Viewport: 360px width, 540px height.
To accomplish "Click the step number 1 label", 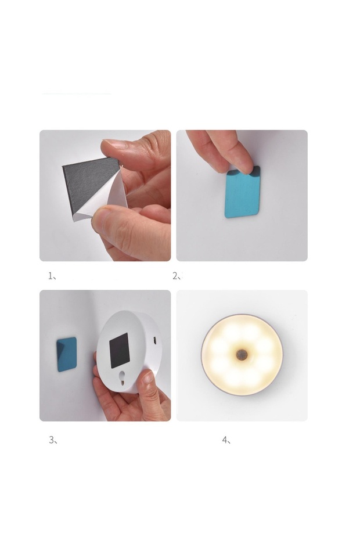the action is tap(52, 276).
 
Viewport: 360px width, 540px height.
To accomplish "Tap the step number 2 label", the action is tap(177, 276).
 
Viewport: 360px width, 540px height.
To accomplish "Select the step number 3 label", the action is tap(53, 440).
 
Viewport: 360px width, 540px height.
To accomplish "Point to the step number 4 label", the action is tap(226, 440).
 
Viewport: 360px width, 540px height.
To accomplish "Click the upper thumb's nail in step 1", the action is tap(112, 143).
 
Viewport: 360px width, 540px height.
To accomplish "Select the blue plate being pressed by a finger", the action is tap(243, 192).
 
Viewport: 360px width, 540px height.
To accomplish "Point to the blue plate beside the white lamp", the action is tap(67, 354).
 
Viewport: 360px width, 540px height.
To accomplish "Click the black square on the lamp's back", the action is tap(119, 350).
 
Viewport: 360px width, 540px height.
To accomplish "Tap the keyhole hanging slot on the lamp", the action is tap(123, 377).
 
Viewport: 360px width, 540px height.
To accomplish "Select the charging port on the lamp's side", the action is tap(155, 341).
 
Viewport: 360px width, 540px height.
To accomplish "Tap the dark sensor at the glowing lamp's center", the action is tap(242, 354).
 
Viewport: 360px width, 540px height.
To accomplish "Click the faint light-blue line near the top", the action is tap(77, 93).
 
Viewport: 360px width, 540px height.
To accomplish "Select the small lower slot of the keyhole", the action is tap(123, 381).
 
